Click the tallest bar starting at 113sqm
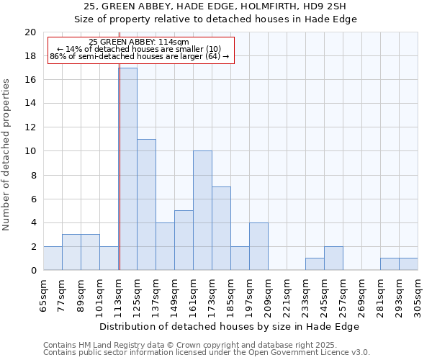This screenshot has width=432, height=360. pyautogui.click(x=128, y=169)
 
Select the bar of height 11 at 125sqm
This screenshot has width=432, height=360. pyautogui.click(x=147, y=204)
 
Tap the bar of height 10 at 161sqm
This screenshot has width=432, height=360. pyautogui.click(x=203, y=210)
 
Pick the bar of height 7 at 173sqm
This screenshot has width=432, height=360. pyautogui.click(x=222, y=228)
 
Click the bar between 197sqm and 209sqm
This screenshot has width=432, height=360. pyautogui.click(x=259, y=246)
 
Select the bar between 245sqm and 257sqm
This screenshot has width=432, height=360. pyautogui.click(x=334, y=258)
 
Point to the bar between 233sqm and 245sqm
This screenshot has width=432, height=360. pyautogui.click(x=315, y=264)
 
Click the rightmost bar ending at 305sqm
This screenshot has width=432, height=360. pyautogui.click(x=409, y=264)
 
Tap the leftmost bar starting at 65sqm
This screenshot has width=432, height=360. pyautogui.click(x=53, y=258)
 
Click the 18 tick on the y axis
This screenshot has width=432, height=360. pyautogui.click(x=30, y=56)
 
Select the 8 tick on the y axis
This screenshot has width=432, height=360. pyautogui.click(x=33, y=175)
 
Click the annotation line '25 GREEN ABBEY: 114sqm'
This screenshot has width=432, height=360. pyautogui.click(x=140, y=42)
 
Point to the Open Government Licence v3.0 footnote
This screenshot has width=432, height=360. pyautogui.click(x=207, y=352)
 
